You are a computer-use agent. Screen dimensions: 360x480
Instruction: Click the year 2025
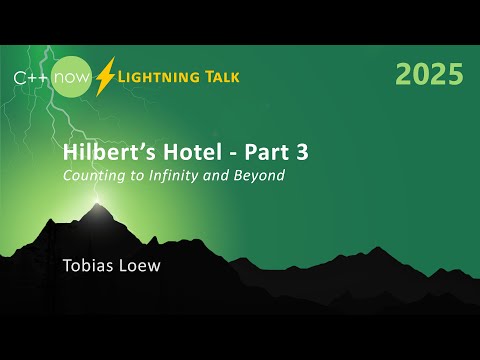(x=429, y=73)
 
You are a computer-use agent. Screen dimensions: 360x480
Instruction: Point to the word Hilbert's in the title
(x=102, y=153)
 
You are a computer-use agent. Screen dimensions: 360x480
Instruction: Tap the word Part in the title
(x=246, y=153)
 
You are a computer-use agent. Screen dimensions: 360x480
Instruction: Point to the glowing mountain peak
(x=97, y=207)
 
